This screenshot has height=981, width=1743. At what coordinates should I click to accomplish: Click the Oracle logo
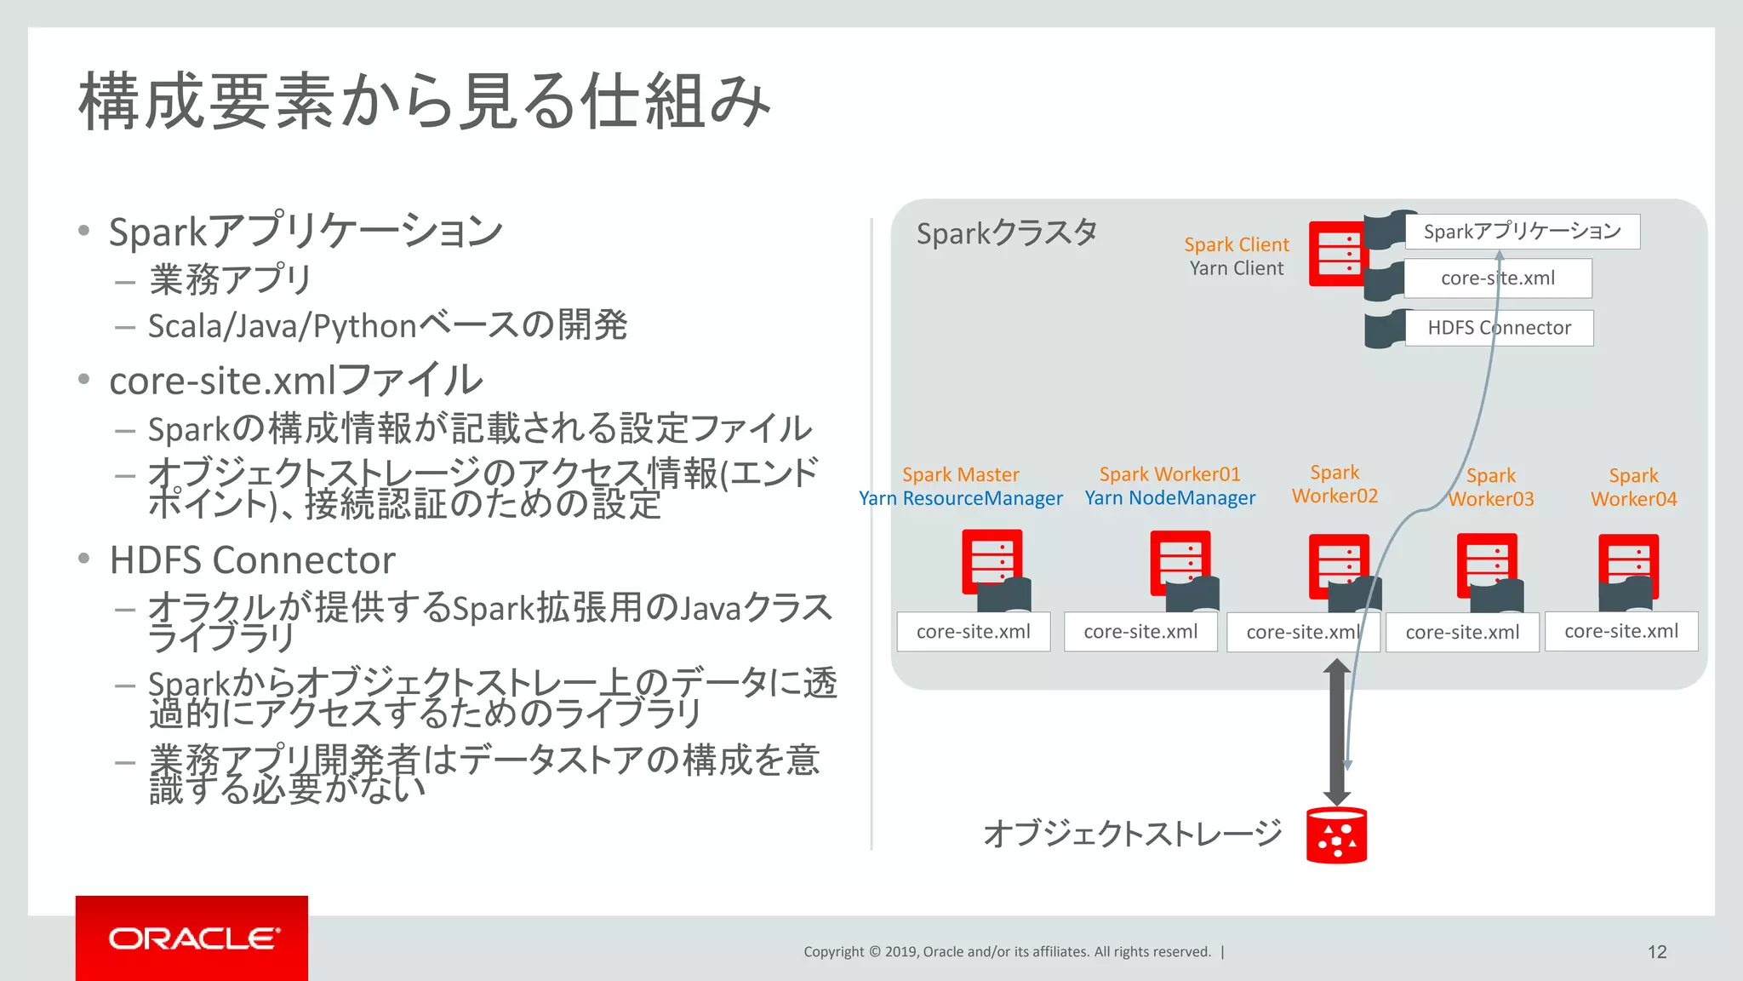pos(192,938)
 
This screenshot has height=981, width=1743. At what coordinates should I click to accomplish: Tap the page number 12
pos(1656,952)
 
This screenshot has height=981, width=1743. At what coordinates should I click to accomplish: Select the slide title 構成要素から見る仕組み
pos(424,101)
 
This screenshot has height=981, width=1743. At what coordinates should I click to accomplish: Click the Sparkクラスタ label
pos(1006,232)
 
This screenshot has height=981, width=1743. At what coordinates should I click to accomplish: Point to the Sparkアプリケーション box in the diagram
pos(1522,232)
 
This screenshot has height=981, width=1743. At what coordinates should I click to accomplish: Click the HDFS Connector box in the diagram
pos(1499,328)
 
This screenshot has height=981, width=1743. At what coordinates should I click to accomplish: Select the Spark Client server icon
pos(1338,254)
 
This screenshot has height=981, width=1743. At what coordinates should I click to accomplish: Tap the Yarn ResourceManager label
pos(960,498)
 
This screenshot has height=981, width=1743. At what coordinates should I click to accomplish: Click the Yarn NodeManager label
pos(1169,498)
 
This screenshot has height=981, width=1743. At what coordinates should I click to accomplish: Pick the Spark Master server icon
pos(991,562)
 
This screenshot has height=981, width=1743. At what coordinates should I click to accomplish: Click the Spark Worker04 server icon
pos(1627,566)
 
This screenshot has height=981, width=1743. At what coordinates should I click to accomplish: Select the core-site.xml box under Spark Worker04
pos(1620,631)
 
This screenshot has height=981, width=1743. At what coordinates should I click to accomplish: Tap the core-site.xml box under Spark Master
pos(973,632)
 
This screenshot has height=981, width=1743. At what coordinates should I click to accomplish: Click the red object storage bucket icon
pos(1336,835)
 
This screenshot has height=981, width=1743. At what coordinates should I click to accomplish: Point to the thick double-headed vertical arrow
pos(1336,732)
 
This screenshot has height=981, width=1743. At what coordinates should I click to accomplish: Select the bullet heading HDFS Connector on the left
pos(252,560)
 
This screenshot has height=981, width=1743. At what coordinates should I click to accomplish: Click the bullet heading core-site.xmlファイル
pos(295,381)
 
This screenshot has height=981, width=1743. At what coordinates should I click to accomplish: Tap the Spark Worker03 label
pos(1490,487)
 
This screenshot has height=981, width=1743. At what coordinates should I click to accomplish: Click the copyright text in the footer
pos(1007,952)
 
